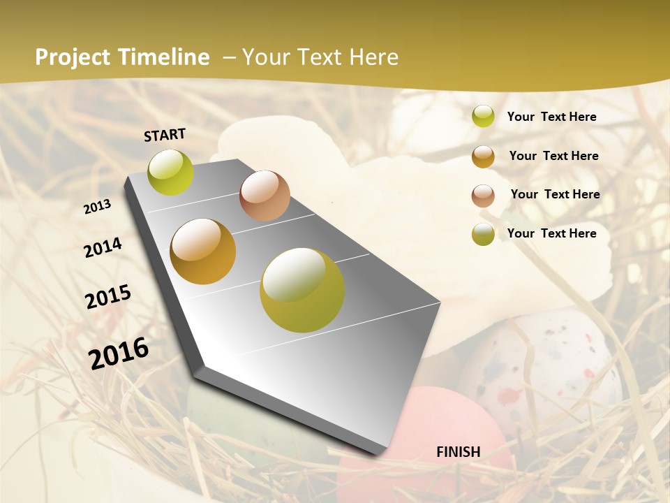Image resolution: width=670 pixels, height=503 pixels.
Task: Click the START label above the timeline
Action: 165,134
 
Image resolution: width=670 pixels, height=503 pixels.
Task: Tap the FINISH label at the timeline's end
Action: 458,452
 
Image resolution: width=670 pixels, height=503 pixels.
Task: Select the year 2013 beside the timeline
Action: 97,206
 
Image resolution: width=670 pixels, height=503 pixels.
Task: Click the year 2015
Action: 108,297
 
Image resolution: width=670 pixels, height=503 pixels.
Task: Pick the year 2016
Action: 119,353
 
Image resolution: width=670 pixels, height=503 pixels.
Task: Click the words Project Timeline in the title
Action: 122,57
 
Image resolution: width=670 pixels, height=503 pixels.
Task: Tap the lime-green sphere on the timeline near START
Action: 171,172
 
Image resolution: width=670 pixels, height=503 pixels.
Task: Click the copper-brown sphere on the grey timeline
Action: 265,196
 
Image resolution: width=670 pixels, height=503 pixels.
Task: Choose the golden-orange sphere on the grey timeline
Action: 203,251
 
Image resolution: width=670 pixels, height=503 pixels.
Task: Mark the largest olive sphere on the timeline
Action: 302,290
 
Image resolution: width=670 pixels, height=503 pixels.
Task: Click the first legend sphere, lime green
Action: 483,117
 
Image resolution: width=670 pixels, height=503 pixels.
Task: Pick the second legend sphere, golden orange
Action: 483,156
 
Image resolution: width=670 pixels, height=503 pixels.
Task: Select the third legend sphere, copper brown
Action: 483,195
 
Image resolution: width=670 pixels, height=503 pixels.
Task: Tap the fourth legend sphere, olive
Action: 483,234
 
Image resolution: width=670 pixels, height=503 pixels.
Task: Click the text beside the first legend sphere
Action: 551,117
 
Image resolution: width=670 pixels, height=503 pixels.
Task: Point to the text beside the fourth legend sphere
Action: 551,233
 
